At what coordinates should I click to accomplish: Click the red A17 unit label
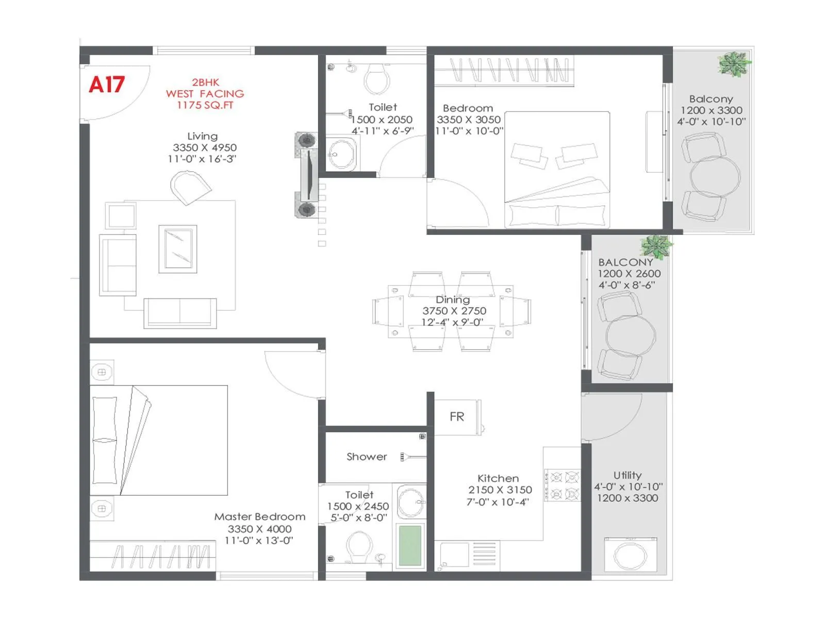pos(107,85)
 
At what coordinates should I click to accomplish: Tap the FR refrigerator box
pos(457,417)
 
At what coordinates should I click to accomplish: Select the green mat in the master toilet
pos(410,546)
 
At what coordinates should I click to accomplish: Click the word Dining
pos(453,300)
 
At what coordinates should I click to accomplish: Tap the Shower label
pos(367,457)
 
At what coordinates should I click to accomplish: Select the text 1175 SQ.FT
pos(205,105)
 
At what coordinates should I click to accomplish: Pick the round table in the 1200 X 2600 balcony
pos(630,335)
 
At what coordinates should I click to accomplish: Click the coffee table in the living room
pos(178,249)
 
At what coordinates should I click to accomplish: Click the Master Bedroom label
pos(260,517)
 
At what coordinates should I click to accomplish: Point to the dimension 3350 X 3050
pos(468,120)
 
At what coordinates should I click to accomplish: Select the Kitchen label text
pos(498,479)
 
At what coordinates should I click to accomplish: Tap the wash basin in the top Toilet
pos(341,154)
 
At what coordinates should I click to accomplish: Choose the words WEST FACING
pos(205,94)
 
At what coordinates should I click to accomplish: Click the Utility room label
pos(628,476)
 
